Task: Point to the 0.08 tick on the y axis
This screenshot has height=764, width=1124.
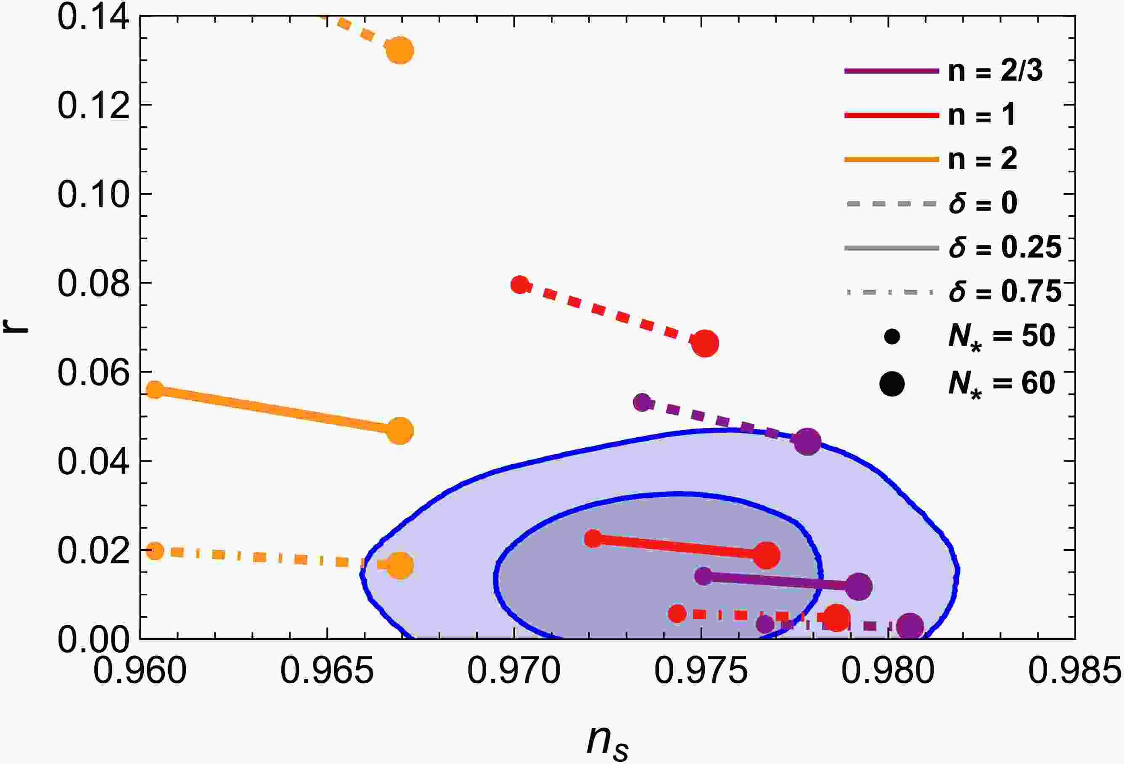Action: [93, 283]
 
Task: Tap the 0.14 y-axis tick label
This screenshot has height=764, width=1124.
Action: [93, 17]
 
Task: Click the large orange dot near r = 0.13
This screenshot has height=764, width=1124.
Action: [399, 51]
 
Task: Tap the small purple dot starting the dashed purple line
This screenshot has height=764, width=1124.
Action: [642, 402]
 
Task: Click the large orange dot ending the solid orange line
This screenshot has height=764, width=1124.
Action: [400, 431]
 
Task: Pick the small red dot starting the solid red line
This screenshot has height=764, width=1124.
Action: [593, 538]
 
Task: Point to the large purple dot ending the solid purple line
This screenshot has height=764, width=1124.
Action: [859, 587]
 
